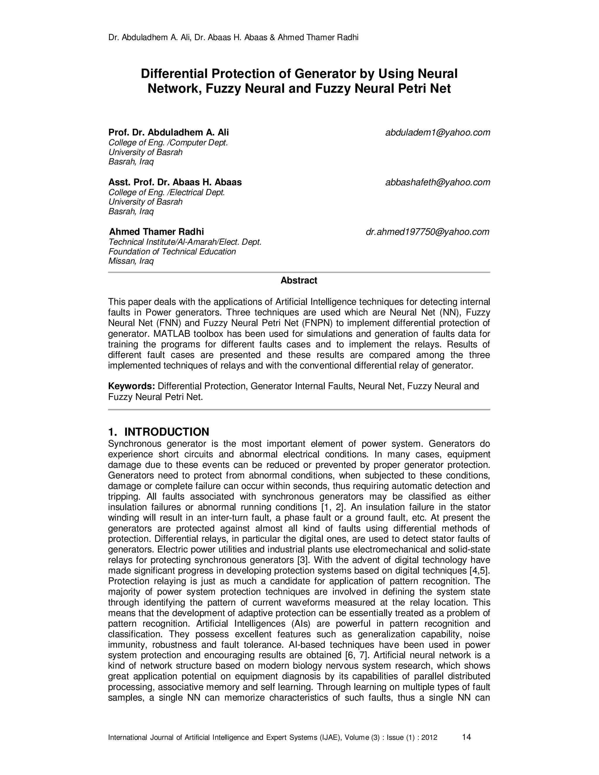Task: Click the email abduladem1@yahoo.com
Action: (438, 133)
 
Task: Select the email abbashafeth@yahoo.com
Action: (438, 182)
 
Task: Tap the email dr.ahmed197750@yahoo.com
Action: (427, 232)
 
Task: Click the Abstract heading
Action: (299, 281)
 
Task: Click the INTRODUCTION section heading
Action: (166, 432)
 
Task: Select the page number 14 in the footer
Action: (467, 737)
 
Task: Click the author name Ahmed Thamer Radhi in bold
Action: (156, 232)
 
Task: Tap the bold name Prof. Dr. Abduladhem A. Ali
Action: (168, 133)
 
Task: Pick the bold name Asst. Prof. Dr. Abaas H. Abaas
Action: (175, 182)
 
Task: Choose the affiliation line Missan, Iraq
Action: (131, 261)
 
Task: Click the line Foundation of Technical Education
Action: (172, 252)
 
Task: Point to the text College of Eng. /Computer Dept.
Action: (168, 143)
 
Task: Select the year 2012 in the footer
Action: (429, 738)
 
